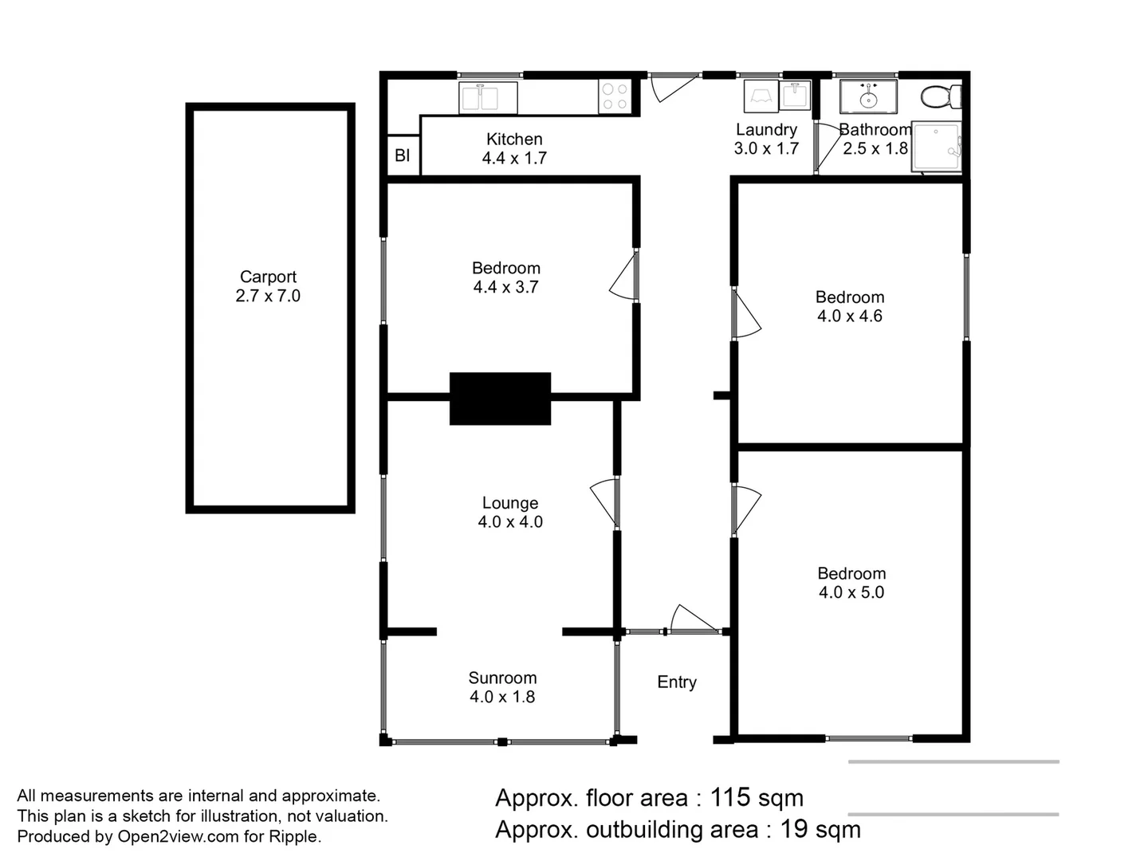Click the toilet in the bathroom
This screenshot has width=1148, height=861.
pos(942,97)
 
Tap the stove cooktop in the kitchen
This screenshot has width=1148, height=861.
pos(615,97)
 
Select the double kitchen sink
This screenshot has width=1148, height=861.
pos(488,97)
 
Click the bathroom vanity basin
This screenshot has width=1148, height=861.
pos(868,97)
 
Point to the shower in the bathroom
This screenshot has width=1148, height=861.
pos(937,147)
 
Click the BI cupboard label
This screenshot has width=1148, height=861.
pos(403,155)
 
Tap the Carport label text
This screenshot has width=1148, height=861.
pos(268,277)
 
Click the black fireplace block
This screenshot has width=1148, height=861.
pos(500,398)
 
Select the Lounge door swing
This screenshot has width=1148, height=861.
pos(604,502)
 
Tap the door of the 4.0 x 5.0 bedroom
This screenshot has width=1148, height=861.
pos(746,508)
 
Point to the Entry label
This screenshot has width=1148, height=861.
pos(677,682)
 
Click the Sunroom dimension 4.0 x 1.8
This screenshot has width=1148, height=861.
pos(502,697)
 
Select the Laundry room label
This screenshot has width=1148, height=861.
pos(766,129)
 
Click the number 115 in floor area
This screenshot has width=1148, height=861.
pos(729,797)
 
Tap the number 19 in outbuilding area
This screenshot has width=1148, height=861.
pos(794,829)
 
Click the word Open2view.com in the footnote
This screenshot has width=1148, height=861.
pos(178,836)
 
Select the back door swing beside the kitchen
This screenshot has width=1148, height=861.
pos(672,87)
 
